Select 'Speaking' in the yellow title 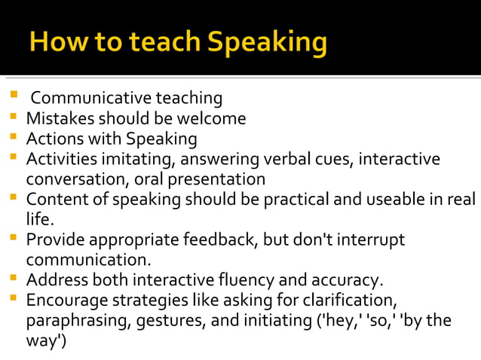pos(267,44)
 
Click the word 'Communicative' pos(91,99)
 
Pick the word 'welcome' pos(215,119)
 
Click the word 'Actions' pos(53,139)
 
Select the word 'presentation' pos(220,180)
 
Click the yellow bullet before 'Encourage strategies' pos(14,300)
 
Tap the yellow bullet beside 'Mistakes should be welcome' pos(14,118)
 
